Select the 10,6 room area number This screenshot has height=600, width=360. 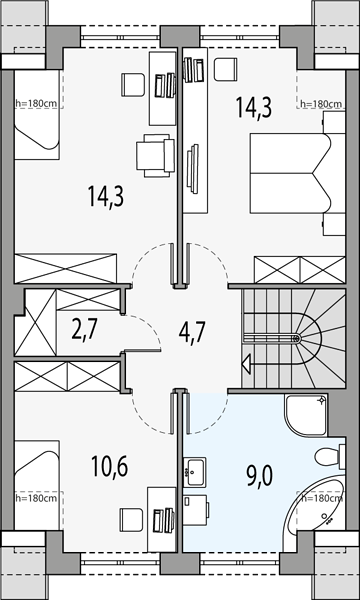click(109, 466)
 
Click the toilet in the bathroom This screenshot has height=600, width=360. click(330, 456)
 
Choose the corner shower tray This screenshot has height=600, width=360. click(306, 415)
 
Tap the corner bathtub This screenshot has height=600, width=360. click(321, 505)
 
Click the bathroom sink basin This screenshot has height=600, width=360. click(195, 472)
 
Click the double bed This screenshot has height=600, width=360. click(291, 173)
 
